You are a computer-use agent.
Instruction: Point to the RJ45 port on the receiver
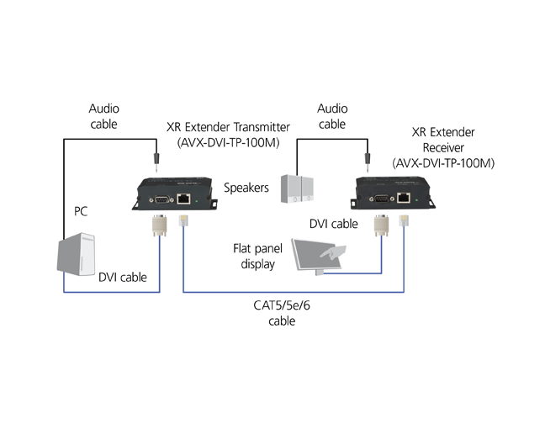(405, 196)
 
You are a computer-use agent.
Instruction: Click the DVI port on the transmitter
(160, 200)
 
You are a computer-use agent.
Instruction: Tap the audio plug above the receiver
(368, 154)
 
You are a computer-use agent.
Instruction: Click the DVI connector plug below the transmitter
(158, 225)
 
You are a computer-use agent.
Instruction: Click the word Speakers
(246, 187)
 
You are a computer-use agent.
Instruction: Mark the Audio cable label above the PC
(103, 116)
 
